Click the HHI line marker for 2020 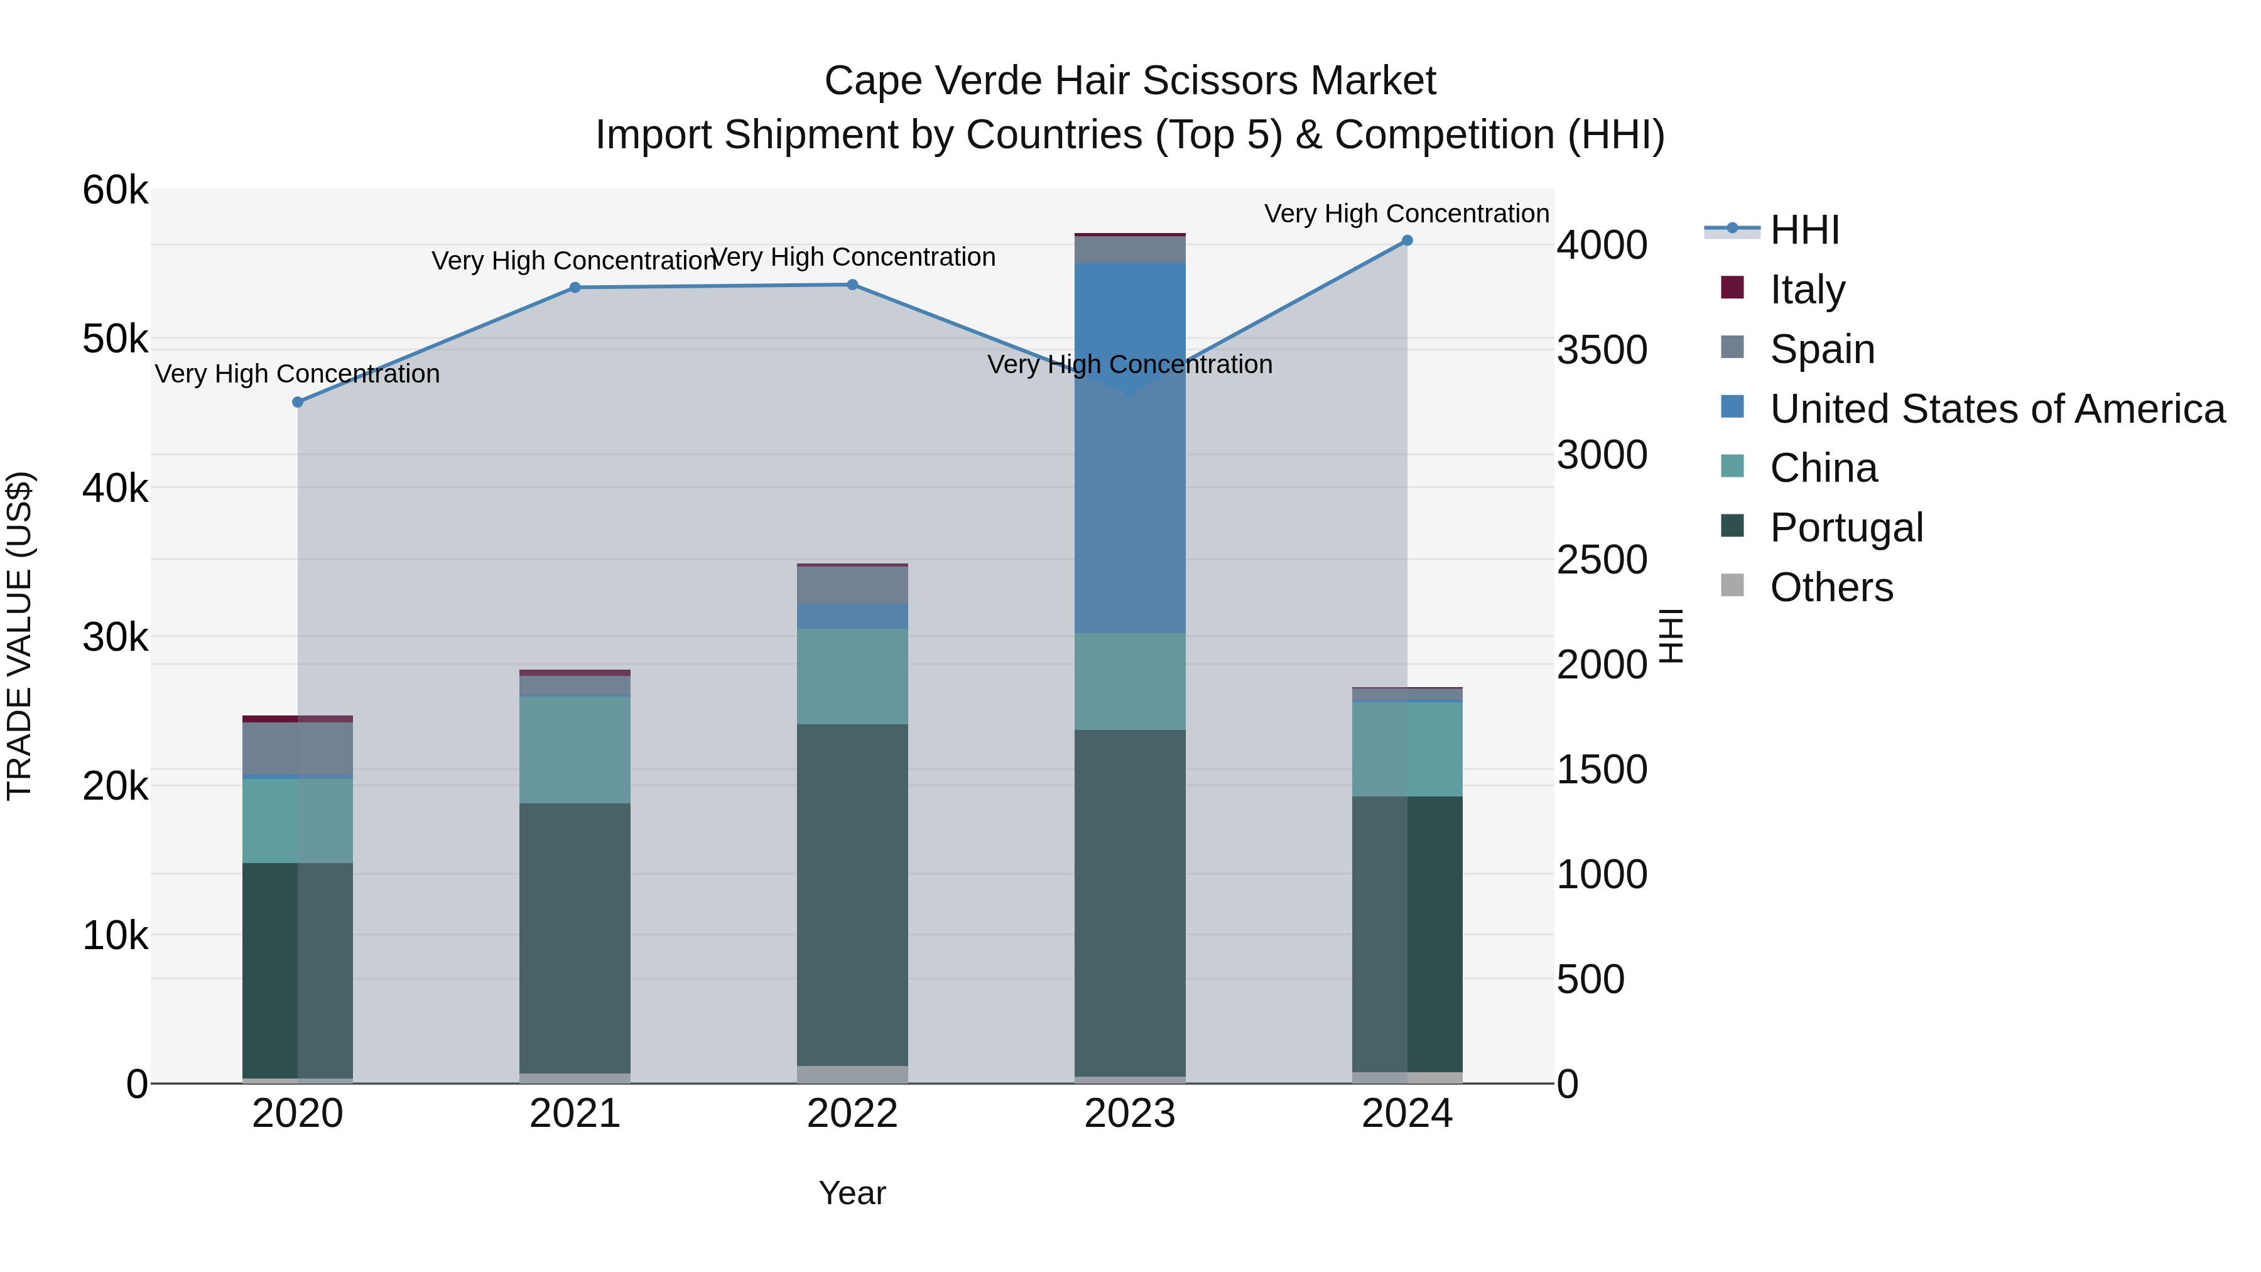click(298, 402)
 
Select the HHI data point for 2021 click(575, 287)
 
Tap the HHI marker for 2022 click(852, 285)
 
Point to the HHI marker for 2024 click(1407, 241)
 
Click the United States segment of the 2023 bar click(1130, 448)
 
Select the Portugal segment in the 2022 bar click(852, 894)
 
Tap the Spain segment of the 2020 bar click(298, 749)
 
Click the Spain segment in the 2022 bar click(852, 585)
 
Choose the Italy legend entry click(1807, 289)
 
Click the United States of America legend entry click(1997, 408)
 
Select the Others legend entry click(1831, 587)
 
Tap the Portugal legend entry click(1846, 527)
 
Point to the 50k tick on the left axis click(115, 339)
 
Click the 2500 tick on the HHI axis click(1602, 560)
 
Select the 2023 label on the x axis click(1130, 1113)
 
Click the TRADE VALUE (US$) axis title click(19, 636)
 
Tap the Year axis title click(852, 1193)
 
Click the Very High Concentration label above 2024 click(1406, 214)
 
